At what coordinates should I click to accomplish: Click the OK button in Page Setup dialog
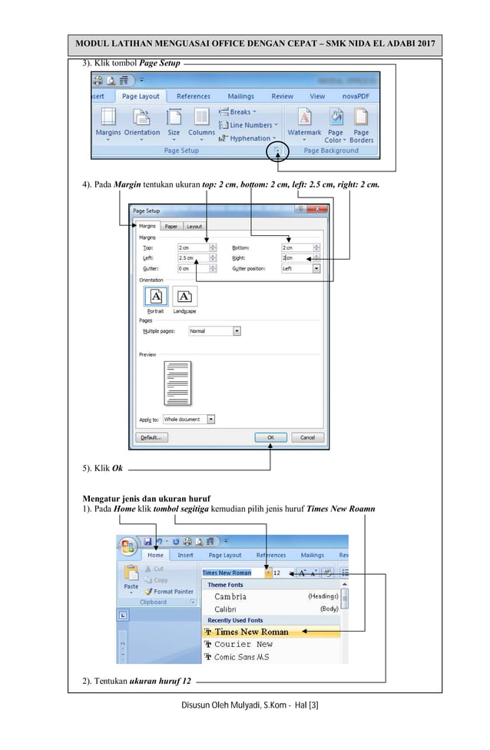tap(270, 437)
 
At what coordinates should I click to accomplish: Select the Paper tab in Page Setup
tap(171, 227)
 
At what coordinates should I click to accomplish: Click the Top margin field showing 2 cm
tap(192, 247)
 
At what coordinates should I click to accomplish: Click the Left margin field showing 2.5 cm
tap(192, 258)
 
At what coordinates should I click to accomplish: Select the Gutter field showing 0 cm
tap(192, 269)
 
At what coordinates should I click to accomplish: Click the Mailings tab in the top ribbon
tap(240, 97)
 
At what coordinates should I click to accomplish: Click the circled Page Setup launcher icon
tap(276, 151)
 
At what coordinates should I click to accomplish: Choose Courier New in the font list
tap(243, 644)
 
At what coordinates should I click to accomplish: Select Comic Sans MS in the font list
tap(241, 657)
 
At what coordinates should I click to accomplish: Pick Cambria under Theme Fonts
tap(230, 596)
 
